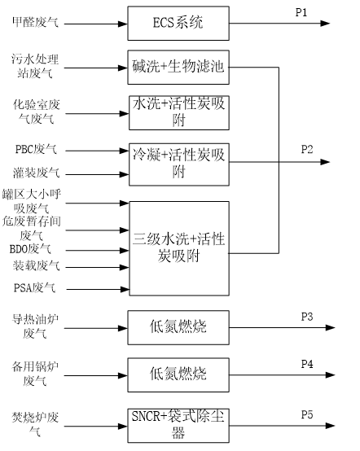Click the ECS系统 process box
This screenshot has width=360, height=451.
coord(178,24)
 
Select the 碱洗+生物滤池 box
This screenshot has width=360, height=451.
coord(178,68)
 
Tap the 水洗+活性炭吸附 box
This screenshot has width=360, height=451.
coord(179,112)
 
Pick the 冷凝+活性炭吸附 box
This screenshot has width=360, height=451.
coord(179,164)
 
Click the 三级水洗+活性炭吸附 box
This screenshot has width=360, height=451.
coord(179,248)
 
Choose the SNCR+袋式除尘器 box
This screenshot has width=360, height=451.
coord(178,426)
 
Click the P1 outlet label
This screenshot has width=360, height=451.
coord(301,13)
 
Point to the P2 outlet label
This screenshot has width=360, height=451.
coord(307,149)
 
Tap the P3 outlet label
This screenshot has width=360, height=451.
coord(307,317)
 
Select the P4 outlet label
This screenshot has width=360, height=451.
coord(307,364)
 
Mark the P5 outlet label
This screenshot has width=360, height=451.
coord(307,414)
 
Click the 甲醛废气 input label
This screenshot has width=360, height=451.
coord(35,22)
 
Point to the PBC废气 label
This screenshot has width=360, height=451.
coord(36,149)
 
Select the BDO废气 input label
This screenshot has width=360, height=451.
coord(30,249)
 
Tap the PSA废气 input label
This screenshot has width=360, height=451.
coord(34,287)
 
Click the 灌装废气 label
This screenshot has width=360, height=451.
coord(37,173)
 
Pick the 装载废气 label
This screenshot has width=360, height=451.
coord(37,265)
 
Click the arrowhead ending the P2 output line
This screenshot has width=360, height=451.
coord(325,162)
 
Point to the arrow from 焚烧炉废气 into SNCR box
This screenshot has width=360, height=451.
coord(96,427)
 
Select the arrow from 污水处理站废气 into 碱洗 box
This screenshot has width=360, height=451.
coord(96,68)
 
